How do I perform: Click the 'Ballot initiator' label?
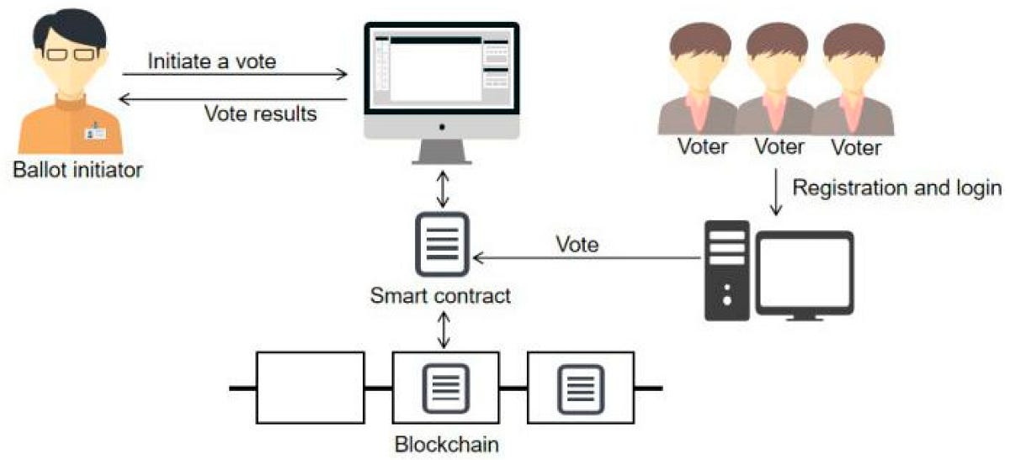click(x=78, y=171)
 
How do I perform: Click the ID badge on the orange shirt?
click(x=96, y=133)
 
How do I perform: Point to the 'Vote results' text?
click(x=261, y=114)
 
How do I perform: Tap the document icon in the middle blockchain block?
click(x=445, y=388)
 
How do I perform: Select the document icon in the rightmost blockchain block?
click(x=580, y=388)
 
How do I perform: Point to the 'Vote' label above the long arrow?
click(x=577, y=245)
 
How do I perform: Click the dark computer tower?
click(x=726, y=270)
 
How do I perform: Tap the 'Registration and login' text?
click(x=897, y=188)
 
